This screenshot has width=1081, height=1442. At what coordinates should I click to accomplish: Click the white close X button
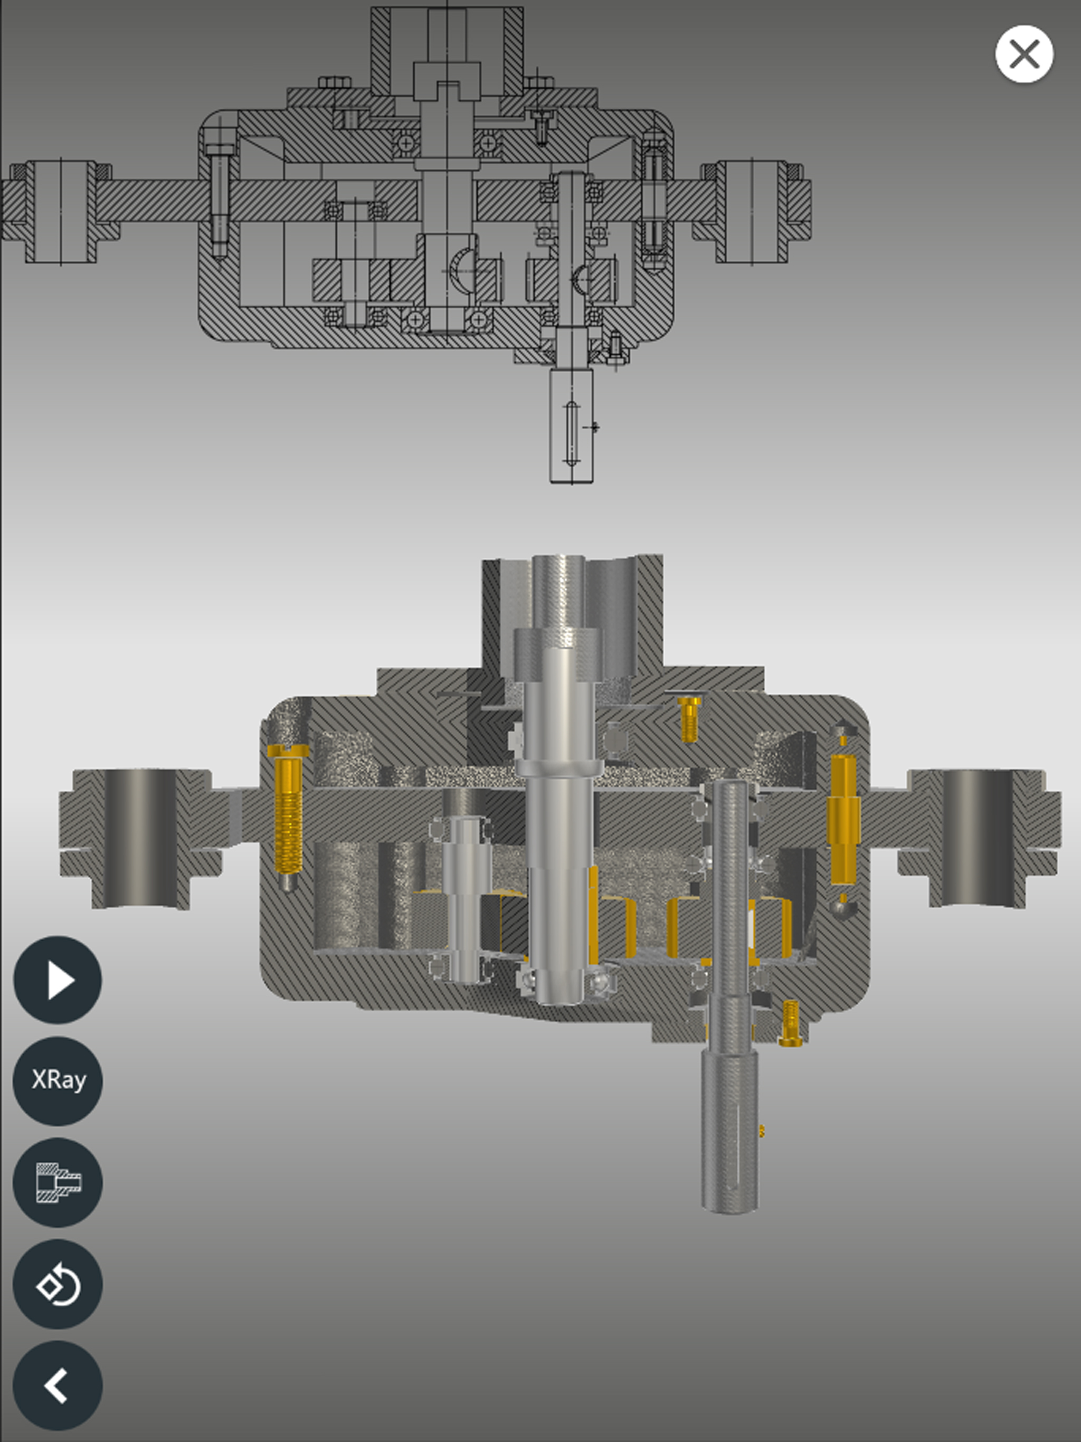pos(1023,54)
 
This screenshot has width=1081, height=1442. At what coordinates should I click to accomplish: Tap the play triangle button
pos(58,980)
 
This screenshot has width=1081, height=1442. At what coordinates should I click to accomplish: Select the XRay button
pos(58,1080)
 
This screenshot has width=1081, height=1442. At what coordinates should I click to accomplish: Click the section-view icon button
pos(58,1182)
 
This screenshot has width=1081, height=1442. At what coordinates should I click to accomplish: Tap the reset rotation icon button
pos(58,1284)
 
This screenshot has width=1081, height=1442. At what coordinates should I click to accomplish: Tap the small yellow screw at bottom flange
pos(790,1024)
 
